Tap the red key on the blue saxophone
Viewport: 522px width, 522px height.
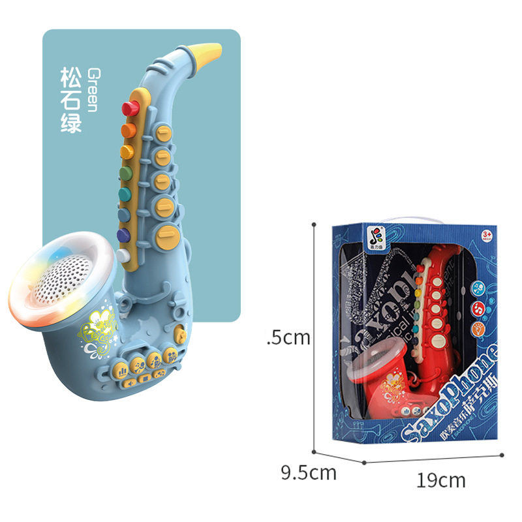click(x=130, y=106)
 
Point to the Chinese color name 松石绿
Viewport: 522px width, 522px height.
click(x=71, y=99)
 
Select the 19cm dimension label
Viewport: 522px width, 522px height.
click(x=441, y=481)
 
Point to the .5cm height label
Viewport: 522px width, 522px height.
click(x=288, y=337)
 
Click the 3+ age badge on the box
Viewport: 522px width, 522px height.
click(x=485, y=234)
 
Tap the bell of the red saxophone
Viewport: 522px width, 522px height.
click(x=376, y=365)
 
